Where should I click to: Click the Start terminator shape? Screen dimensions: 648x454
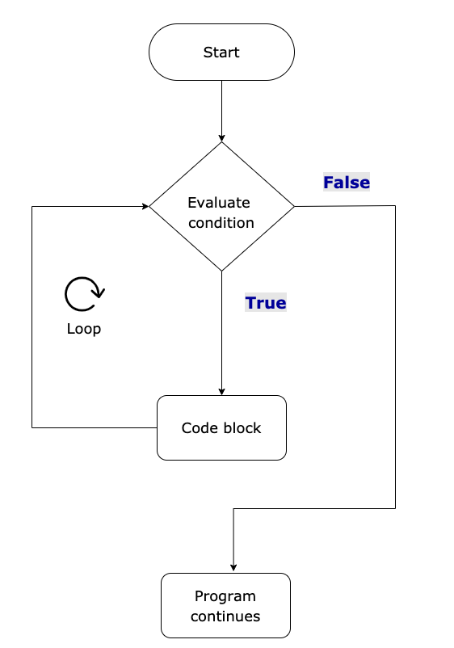click(x=221, y=53)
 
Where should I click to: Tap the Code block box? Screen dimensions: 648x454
click(x=221, y=428)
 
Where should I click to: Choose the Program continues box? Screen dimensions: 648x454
click(x=225, y=606)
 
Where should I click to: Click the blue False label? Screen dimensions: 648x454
click(x=347, y=183)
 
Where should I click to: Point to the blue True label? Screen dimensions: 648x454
click(x=266, y=303)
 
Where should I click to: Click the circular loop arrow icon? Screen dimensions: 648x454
click(x=84, y=294)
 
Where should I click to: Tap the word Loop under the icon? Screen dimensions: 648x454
click(x=84, y=330)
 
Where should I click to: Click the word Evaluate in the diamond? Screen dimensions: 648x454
click(x=219, y=203)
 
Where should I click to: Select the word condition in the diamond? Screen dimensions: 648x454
click(x=221, y=223)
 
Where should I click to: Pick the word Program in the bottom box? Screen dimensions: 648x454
click(x=225, y=596)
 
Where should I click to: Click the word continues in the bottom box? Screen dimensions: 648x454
click(x=225, y=616)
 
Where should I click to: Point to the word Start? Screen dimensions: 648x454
click(x=221, y=53)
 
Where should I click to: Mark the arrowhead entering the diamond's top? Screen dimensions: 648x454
click(x=221, y=137)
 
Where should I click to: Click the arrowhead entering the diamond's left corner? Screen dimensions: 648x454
click(x=144, y=206)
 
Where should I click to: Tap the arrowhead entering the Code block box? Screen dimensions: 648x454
click(x=221, y=391)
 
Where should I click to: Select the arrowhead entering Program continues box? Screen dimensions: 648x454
click(x=233, y=568)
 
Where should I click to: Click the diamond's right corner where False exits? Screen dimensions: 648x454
click(x=294, y=206)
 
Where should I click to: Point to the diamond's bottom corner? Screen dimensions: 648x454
click(x=221, y=271)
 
